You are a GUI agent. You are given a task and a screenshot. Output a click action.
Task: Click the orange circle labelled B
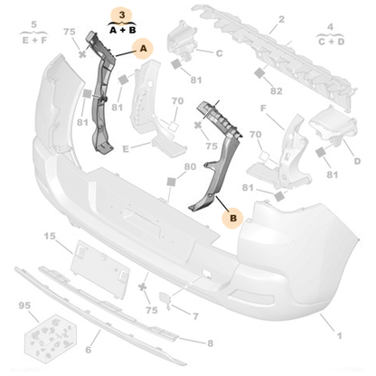(x=231, y=218)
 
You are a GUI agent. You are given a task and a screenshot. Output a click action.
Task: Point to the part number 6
(x=88, y=349)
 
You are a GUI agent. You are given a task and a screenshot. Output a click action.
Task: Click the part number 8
(x=210, y=343)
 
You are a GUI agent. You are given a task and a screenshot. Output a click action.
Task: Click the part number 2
(x=281, y=18)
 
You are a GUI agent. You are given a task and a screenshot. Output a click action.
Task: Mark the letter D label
(x=357, y=160)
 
